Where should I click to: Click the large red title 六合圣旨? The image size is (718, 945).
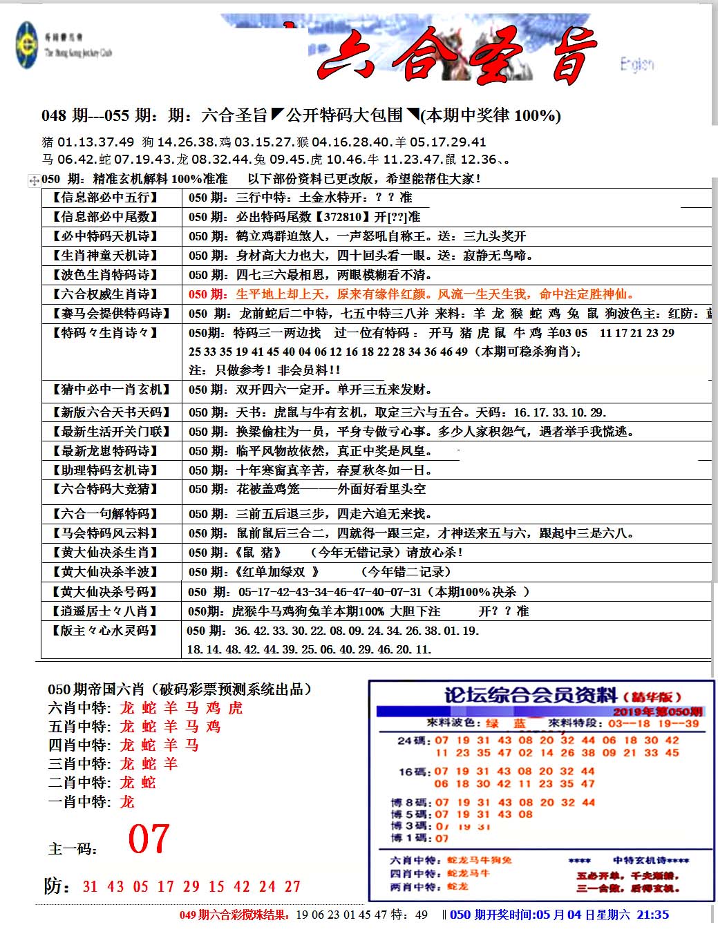coord(456,55)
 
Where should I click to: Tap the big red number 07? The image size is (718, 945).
coord(149,839)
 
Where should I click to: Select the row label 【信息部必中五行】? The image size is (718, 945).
coord(105,198)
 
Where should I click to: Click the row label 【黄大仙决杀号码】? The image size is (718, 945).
coord(105,592)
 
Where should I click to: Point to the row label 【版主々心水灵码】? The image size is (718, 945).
coord(105,631)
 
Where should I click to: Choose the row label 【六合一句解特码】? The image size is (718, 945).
coord(105,514)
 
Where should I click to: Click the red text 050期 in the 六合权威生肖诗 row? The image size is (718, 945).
coord(207,294)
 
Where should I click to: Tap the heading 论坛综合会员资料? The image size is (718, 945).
coord(530,695)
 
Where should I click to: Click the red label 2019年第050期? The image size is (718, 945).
coord(656,712)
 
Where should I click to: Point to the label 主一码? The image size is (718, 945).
coord(73,849)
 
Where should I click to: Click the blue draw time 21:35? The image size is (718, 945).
coord(652,915)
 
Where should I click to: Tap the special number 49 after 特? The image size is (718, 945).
coord(421,915)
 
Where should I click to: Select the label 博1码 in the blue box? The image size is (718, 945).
coord(410,838)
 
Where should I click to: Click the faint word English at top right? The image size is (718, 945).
coord(636,64)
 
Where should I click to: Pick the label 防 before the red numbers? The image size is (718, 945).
coord(57,886)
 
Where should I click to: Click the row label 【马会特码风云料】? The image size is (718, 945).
coord(105,533)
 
